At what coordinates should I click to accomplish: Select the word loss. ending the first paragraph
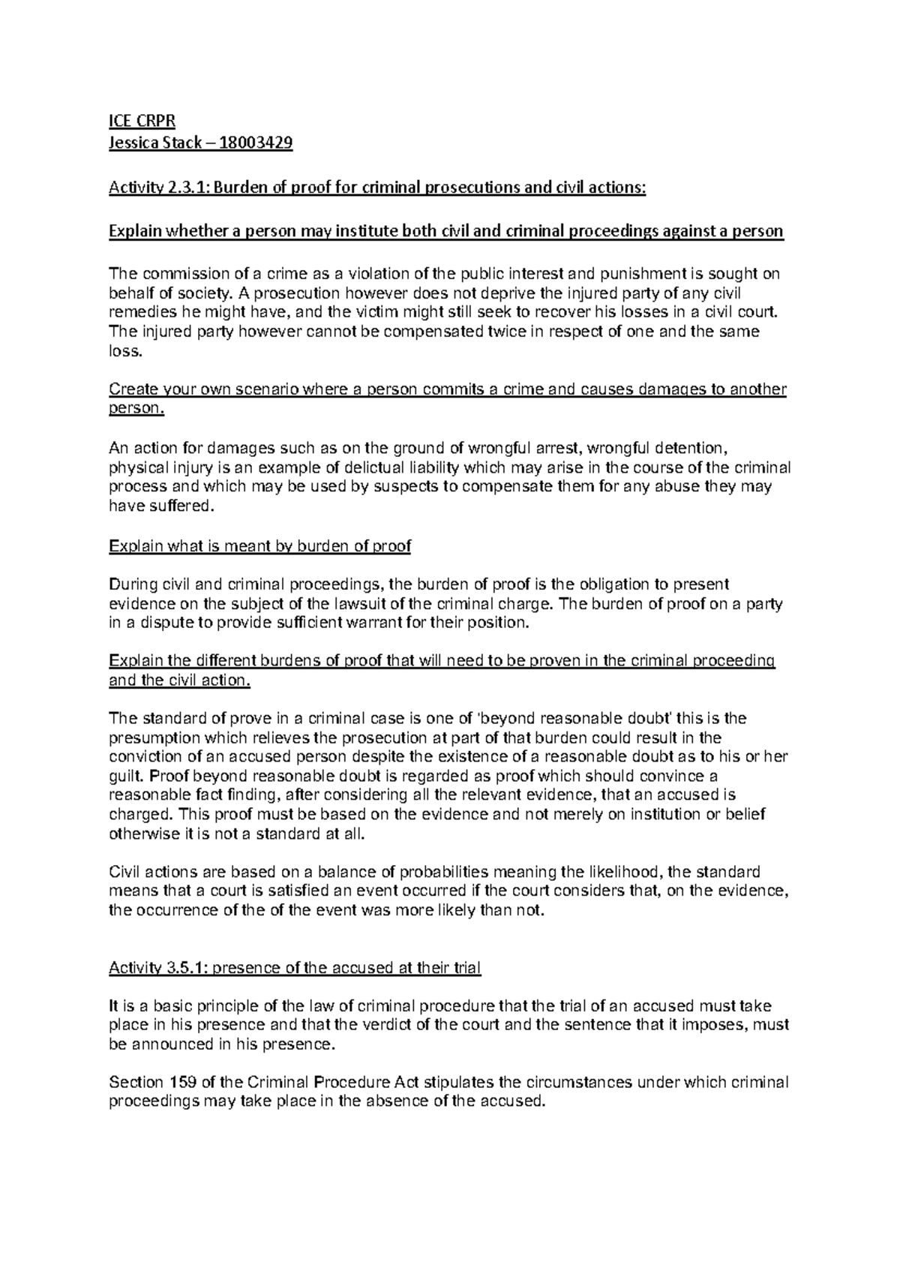(x=124, y=350)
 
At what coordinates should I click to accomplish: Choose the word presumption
(x=154, y=738)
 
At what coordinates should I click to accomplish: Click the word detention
(x=688, y=449)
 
